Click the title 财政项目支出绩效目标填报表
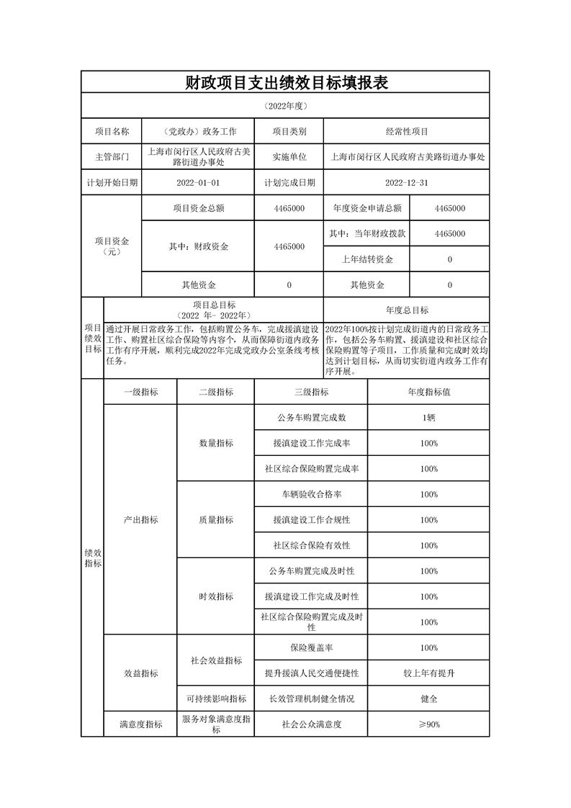(286, 82)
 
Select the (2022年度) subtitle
(286, 107)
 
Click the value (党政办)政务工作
(198, 132)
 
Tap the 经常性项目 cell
(407, 132)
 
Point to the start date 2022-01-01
(198, 183)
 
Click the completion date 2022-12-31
(407, 183)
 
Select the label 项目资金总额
(198, 208)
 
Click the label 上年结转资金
(367, 259)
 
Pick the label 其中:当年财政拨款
(367, 234)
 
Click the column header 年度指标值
(429, 392)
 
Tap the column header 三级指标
(311, 392)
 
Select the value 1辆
(429, 418)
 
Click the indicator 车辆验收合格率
(311, 495)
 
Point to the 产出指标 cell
(140, 520)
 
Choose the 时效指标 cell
(216, 596)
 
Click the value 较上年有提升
(429, 673)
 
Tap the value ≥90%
(429, 724)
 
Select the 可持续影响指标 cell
(216, 699)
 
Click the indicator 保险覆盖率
(311, 648)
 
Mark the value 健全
(429, 699)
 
